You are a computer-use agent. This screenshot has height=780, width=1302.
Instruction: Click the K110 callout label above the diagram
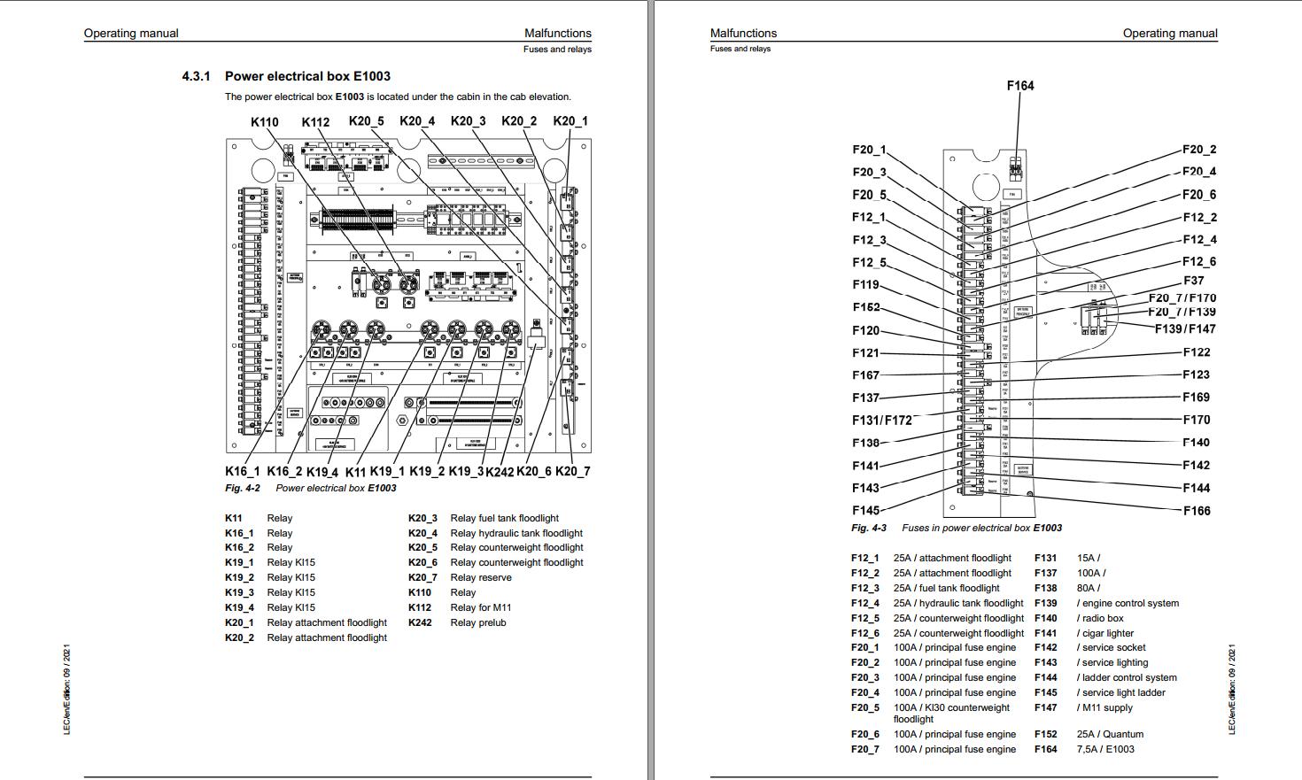[x=265, y=122]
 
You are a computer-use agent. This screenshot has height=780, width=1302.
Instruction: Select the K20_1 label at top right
[x=570, y=121]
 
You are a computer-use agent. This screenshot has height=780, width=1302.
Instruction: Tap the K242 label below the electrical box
[x=500, y=472]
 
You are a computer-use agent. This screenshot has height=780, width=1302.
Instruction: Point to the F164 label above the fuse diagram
[x=1020, y=86]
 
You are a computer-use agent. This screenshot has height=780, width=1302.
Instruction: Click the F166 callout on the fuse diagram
[x=1197, y=511]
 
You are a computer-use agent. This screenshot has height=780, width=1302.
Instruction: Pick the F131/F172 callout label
[x=881, y=421]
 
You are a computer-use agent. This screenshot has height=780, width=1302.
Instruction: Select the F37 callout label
[x=1193, y=281]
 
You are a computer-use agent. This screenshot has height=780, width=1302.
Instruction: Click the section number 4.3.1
[x=196, y=76]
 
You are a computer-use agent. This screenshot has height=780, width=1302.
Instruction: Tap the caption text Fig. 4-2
[x=242, y=488]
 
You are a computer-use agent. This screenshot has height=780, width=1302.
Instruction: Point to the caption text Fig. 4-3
[x=868, y=528]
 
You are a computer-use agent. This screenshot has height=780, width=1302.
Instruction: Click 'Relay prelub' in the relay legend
[x=477, y=622]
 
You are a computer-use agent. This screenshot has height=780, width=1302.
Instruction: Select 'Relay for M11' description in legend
[x=480, y=607]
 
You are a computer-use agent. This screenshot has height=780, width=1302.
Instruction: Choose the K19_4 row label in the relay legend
[x=239, y=607]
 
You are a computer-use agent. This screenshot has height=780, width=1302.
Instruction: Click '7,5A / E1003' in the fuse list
[x=1105, y=749]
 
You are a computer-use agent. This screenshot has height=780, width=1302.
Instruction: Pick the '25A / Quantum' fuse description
[x=1110, y=734]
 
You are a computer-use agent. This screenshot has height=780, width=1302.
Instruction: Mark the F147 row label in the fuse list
[x=1045, y=707]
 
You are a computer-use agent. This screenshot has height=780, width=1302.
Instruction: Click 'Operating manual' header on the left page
[x=131, y=34]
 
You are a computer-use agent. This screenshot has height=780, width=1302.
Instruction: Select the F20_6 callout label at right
[x=1199, y=195]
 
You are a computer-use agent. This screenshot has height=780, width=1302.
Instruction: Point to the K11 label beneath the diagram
[x=355, y=472]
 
